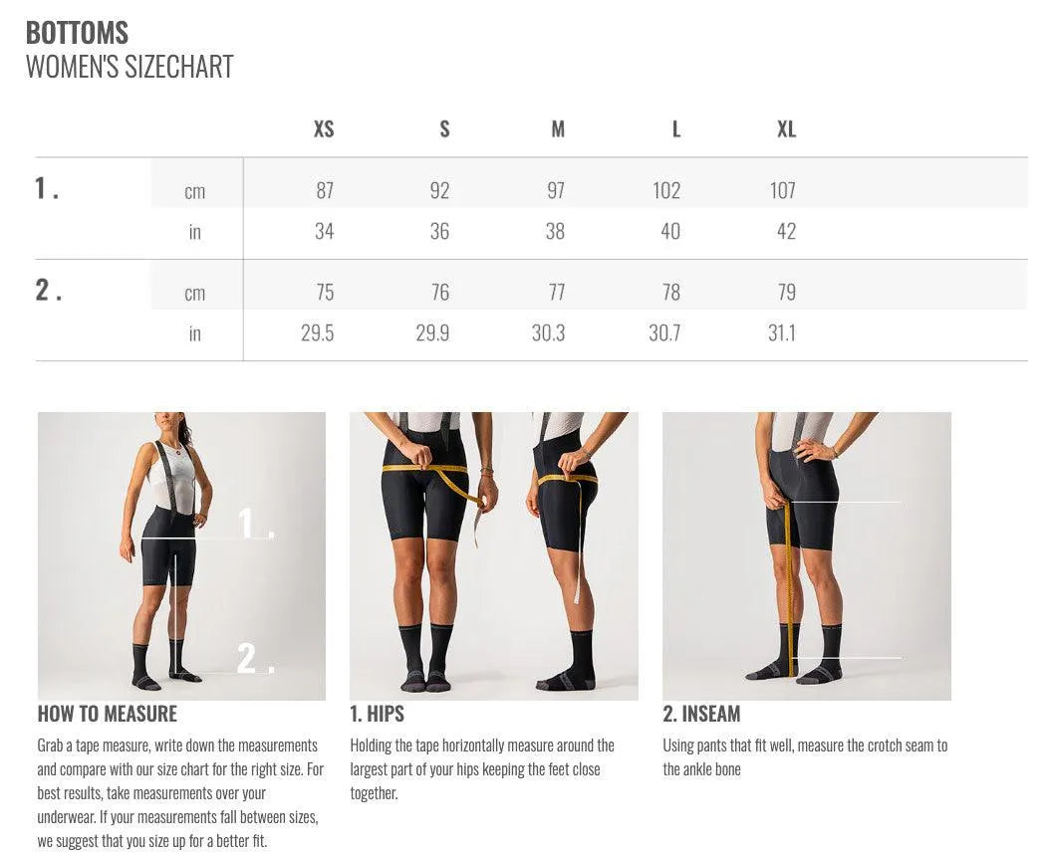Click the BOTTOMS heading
point(77,32)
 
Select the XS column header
point(324,129)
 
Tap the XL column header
point(786,129)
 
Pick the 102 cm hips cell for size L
point(666,190)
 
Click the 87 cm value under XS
point(325,190)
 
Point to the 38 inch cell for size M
point(555,231)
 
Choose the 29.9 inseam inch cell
point(432,332)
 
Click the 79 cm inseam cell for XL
point(786,292)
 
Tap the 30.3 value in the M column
point(548,332)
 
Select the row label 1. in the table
point(47,188)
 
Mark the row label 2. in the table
point(48,290)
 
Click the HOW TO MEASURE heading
point(108,714)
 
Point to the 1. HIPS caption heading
point(377,714)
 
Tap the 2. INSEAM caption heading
point(701,714)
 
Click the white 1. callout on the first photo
point(255,523)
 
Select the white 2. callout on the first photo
point(254,658)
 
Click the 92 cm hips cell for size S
point(439,190)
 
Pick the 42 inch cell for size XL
point(786,231)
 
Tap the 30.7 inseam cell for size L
point(664,332)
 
